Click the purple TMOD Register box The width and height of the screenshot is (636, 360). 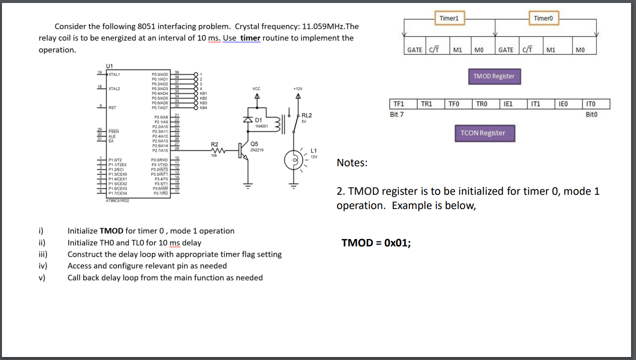click(x=493, y=76)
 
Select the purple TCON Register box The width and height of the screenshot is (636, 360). click(x=485, y=133)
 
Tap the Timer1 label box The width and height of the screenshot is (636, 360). click(x=449, y=18)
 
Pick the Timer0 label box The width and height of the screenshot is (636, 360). click(x=543, y=18)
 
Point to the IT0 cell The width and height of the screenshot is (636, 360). click(x=596, y=104)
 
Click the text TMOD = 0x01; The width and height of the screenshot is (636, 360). click(x=376, y=242)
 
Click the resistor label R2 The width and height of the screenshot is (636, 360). click(x=215, y=144)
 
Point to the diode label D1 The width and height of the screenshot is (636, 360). click(x=259, y=120)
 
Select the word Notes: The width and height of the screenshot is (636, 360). click(x=352, y=163)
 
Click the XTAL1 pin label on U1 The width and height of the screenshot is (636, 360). click(x=115, y=74)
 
